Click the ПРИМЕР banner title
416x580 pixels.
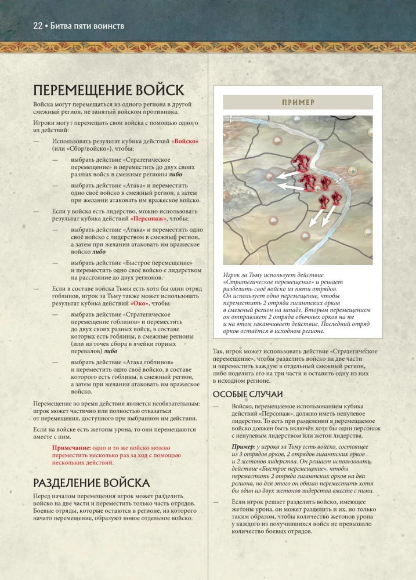(x=298, y=102)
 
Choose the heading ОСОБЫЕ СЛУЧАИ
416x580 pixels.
(x=246, y=394)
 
